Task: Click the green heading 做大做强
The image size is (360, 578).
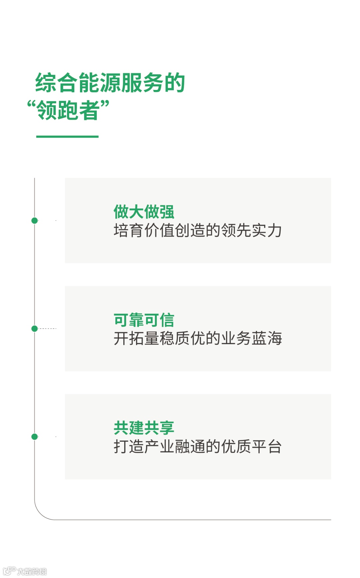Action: pos(144,212)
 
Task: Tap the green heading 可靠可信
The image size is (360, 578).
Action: pos(144,320)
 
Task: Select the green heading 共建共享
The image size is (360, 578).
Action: pos(144,428)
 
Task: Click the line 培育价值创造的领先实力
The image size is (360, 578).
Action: pos(197,231)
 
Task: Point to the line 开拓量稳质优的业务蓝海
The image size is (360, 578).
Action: pos(197,338)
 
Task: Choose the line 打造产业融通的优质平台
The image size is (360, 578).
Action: pos(197,446)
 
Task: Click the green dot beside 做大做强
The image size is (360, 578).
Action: pos(34,221)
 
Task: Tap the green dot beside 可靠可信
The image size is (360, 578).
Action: pos(34,328)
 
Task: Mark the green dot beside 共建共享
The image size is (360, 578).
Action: pos(34,436)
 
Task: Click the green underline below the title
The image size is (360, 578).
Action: pos(67,137)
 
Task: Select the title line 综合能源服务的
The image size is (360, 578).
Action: pos(110,83)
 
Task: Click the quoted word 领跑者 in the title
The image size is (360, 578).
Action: pos(68,110)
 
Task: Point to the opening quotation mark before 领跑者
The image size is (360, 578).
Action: pos(31,105)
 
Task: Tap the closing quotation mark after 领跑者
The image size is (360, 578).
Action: pos(105,105)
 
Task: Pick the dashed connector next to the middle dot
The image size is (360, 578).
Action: pos(47,328)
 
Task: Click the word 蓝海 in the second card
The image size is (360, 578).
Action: pos(267,338)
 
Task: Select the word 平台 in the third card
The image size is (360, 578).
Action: pos(267,446)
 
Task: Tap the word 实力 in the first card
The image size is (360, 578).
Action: pos(267,231)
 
